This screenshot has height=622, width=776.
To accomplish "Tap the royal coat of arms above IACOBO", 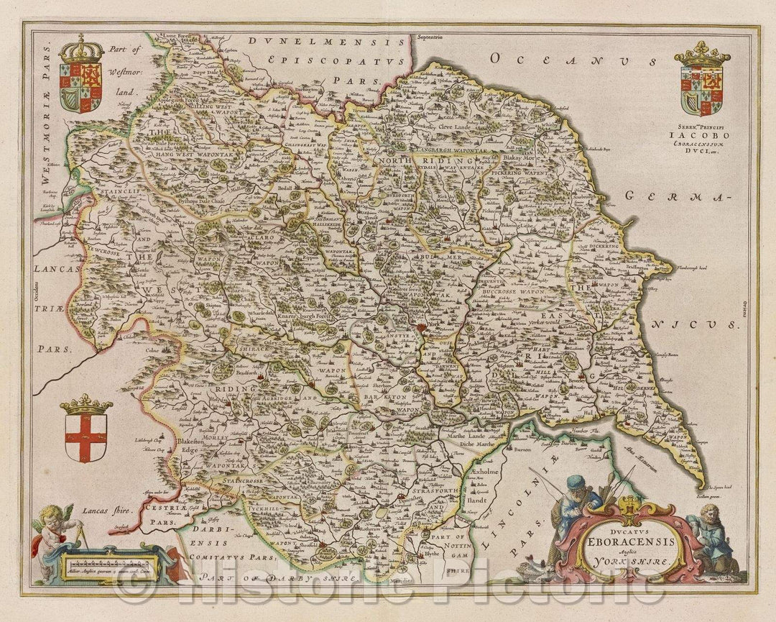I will pos(701,81).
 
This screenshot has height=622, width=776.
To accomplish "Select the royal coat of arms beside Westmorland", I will pos(80,78).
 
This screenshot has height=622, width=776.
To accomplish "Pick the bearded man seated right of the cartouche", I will pos(711,532).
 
